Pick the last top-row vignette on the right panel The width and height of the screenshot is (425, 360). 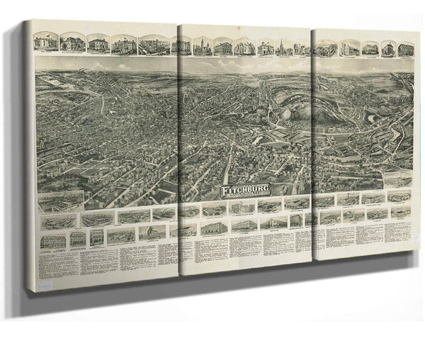[x=406, y=49]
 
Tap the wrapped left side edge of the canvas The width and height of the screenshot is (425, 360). [x=28, y=156]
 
